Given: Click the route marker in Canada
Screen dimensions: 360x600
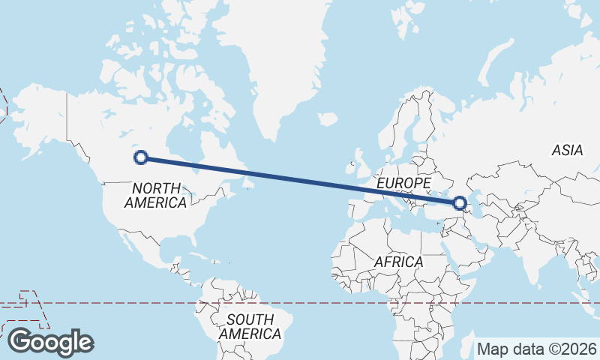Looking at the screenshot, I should (x=140, y=157).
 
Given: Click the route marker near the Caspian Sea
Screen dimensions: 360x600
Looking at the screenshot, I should (x=459, y=202).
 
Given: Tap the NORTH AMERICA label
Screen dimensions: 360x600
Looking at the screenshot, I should (x=156, y=195).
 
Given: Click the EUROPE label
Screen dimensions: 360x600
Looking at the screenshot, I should (x=403, y=183).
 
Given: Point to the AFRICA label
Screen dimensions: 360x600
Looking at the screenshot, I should (x=398, y=262).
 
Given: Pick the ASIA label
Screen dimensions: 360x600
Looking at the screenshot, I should (x=567, y=150).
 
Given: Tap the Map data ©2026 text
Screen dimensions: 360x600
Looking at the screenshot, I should (x=537, y=349).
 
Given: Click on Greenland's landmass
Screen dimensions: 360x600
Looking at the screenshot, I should (x=285, y=67).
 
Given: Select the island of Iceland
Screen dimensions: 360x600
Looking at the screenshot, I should (x=328, y=119).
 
